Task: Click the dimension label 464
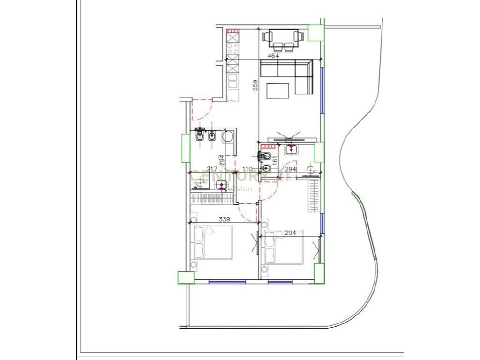coord(273,56)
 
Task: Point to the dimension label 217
coord(198,169)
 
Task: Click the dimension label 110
coord(247,169)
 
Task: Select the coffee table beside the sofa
coord(277,90)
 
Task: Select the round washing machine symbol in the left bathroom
coord(229,137)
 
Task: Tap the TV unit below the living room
coord(294,139)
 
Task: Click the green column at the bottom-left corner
coord(185,277)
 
